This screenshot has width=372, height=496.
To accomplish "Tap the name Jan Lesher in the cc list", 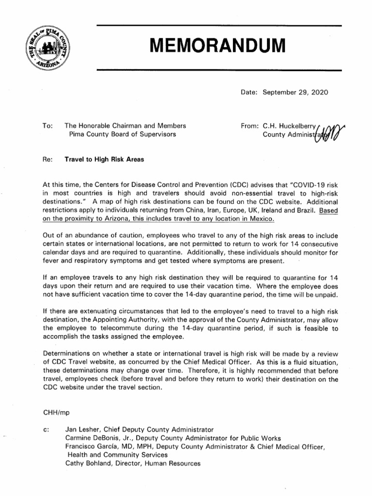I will (82, 429).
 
